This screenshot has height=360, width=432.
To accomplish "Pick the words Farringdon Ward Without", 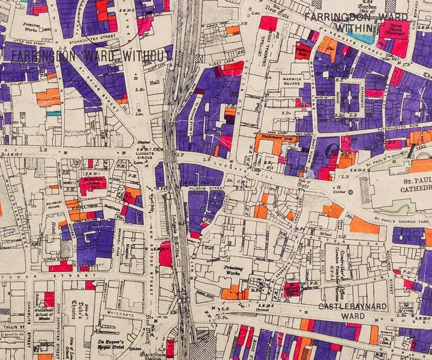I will (x=90, y=55).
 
